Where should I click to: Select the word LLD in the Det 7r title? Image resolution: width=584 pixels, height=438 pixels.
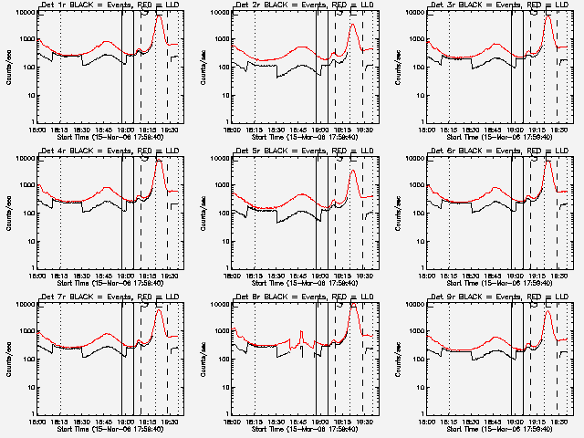point(169,297)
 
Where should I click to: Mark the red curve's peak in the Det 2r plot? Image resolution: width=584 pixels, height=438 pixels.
point(353,25)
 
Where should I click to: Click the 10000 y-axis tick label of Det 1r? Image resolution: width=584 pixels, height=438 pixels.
point(22,14)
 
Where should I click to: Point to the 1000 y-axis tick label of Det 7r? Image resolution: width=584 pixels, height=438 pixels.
point(24,332)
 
